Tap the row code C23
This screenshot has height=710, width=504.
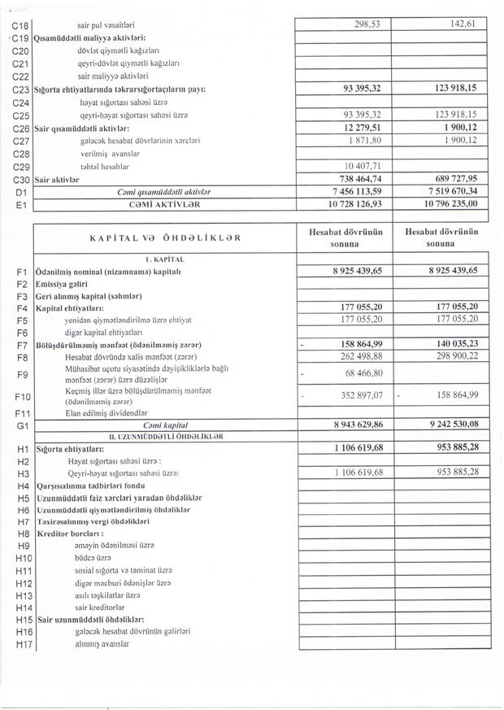pyautogui.click(x=21, y=88)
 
